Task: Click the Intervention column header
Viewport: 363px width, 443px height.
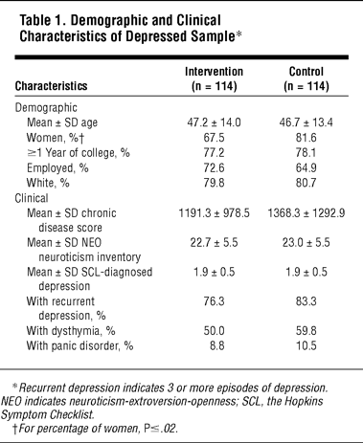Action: point(214,78)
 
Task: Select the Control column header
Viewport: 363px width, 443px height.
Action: point(306,78)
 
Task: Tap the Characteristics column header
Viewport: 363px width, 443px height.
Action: point(51,86)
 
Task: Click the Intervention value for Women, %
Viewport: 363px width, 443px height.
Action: point(214,138)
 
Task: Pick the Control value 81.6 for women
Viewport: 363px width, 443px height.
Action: point(306,138)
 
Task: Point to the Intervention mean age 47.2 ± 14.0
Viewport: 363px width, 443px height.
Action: point(214,122)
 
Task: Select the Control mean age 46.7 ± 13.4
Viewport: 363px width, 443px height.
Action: point(306,122)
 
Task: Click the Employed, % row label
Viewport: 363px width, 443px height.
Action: point(57,167)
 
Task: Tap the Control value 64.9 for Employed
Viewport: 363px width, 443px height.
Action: point(306,167)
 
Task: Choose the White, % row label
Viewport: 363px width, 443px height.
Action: point(48,183)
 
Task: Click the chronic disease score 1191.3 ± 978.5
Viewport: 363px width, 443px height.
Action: point(214,213)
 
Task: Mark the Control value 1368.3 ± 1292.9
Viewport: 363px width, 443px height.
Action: point(306,213)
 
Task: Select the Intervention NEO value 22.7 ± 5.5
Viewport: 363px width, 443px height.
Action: point(214,243)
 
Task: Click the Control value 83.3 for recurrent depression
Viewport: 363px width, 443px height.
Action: point(306,301)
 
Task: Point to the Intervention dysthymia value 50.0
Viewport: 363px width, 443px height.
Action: point(214,331)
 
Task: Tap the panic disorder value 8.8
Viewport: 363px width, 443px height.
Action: point(217,345)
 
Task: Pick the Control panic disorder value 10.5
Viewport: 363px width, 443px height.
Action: point(306,345)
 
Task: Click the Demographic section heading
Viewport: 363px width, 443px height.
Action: point(46,108)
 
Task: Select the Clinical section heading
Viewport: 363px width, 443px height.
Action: point(32,198)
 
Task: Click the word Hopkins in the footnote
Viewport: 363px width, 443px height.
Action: point(304,401)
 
